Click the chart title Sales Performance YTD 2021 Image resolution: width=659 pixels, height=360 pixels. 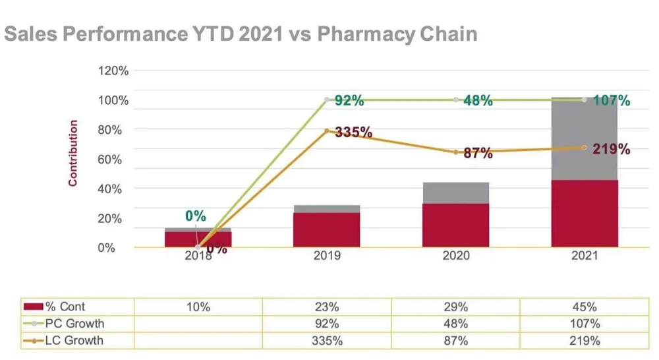[x=240, y=34]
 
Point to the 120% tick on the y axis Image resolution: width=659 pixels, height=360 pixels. [x=113, y=71]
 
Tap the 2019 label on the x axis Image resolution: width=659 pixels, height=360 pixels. [x=327, y=255]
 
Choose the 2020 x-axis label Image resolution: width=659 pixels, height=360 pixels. [x=455, y=255]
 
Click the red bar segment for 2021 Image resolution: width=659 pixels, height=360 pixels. [x=585, y=213]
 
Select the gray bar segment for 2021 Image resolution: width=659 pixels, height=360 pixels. [x=585, y=139]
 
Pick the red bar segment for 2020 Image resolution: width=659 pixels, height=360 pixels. [x=456, y=225]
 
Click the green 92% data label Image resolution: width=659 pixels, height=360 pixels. [x=349, y=101]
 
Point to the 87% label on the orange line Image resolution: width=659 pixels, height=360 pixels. [x=478, y=154]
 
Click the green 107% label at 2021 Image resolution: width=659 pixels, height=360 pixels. [x=611, y=101]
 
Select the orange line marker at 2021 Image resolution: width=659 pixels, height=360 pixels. [x=585, y=148]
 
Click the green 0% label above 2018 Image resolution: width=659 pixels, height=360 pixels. [x=195, y=216]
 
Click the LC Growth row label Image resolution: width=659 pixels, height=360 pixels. [x=74, y=341]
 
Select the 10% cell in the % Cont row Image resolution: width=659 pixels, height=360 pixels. [x=198, y=307]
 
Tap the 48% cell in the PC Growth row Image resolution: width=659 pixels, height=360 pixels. [x=455, y=324]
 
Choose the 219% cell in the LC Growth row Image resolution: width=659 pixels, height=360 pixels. [x=585, y=341]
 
